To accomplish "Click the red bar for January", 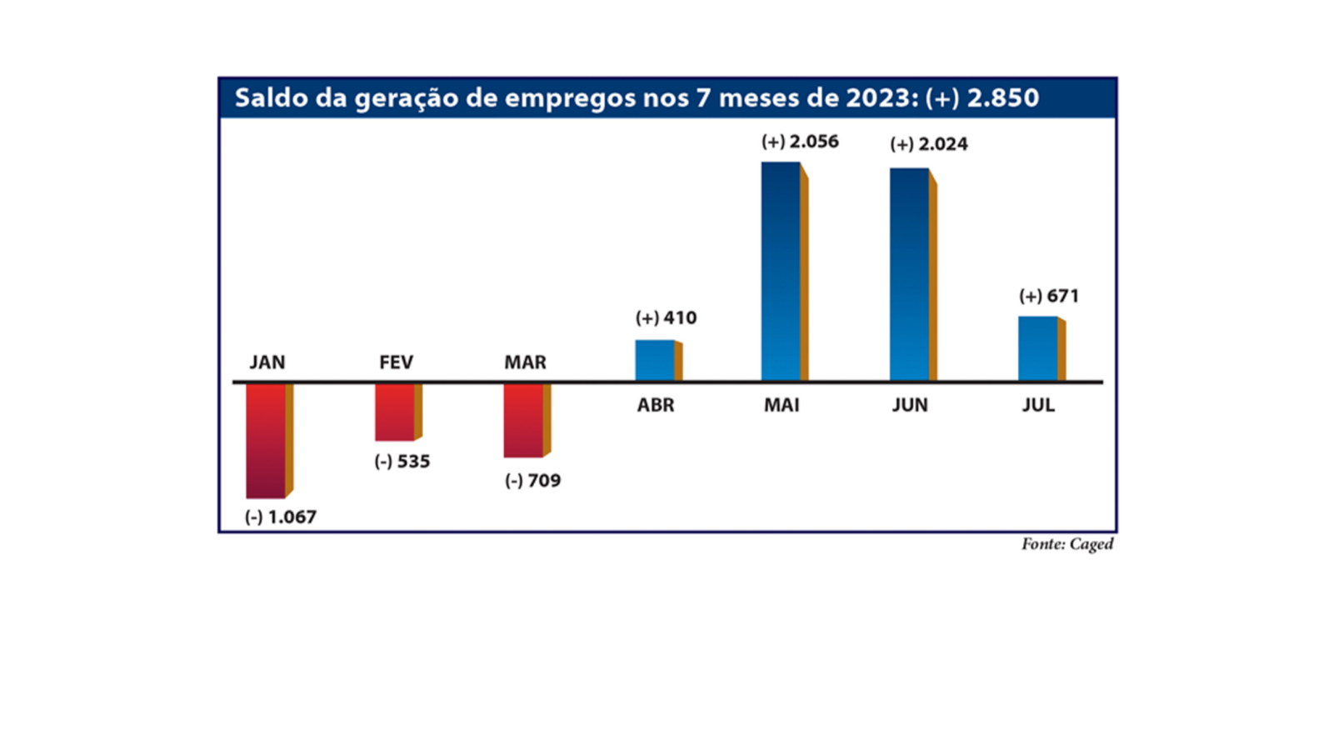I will coord(267,440).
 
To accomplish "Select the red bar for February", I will coord(396,412).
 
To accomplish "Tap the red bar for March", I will coord(524,420).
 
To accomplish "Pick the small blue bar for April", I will coord(656,360).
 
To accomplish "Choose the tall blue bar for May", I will coord(781,271).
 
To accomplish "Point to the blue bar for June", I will coord(910,274).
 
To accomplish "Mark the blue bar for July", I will coord(1038,348).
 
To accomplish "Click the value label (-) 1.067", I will coord(281,517).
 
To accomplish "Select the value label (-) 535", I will coord(402,462).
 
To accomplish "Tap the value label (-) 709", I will coord(533,481).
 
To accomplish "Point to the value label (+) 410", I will coord(666,318).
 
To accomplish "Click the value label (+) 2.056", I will coord(800,142).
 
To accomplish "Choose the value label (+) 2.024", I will coord(929,144).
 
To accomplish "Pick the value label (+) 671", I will coord(1049,297).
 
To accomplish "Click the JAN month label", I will coord(267,362).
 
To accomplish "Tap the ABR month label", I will coord(656,406).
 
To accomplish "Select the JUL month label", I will coord(1039,406).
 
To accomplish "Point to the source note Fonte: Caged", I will coord(1067,544).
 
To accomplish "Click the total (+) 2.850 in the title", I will coord(982,98).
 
